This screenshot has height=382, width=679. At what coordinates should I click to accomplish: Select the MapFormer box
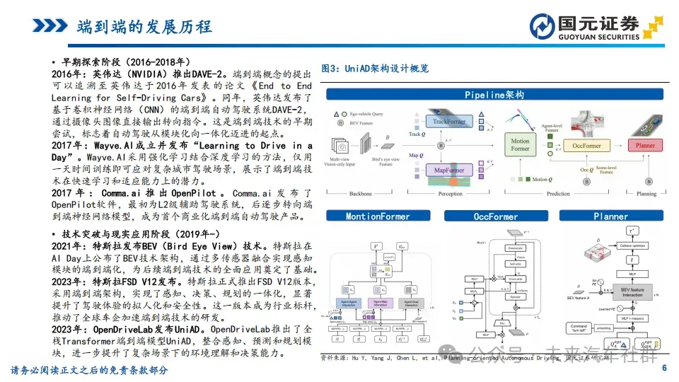click(449, 170)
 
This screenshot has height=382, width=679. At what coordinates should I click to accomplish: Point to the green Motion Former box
click(520, 145)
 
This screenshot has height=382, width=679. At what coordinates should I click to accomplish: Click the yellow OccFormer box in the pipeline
click(586, 146)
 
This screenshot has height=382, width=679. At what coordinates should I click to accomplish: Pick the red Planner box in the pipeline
click(645, 145)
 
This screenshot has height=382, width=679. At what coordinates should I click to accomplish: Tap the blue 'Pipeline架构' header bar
click(494, 95)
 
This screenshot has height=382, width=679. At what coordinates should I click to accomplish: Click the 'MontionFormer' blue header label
click(378, 216)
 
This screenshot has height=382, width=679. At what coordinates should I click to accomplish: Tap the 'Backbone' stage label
click(360, 193)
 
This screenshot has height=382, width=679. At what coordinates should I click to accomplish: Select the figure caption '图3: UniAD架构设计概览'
click(375, 69)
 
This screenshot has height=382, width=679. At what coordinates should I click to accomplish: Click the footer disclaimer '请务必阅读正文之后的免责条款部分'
click(89, 370)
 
